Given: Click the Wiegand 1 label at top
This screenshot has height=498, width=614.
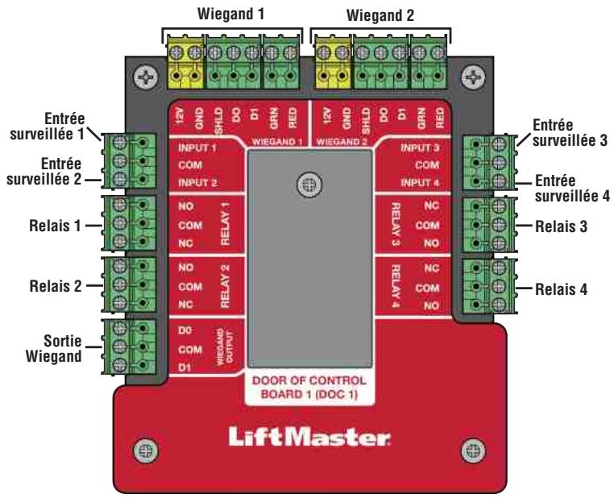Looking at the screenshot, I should tap(233, 15).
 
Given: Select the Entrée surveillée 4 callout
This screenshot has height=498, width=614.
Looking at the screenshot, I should tap(566, 189).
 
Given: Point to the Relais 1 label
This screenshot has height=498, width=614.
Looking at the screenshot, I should tap(66, 226).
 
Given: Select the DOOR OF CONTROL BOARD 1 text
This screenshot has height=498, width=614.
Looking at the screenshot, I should tap(309, 388).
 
